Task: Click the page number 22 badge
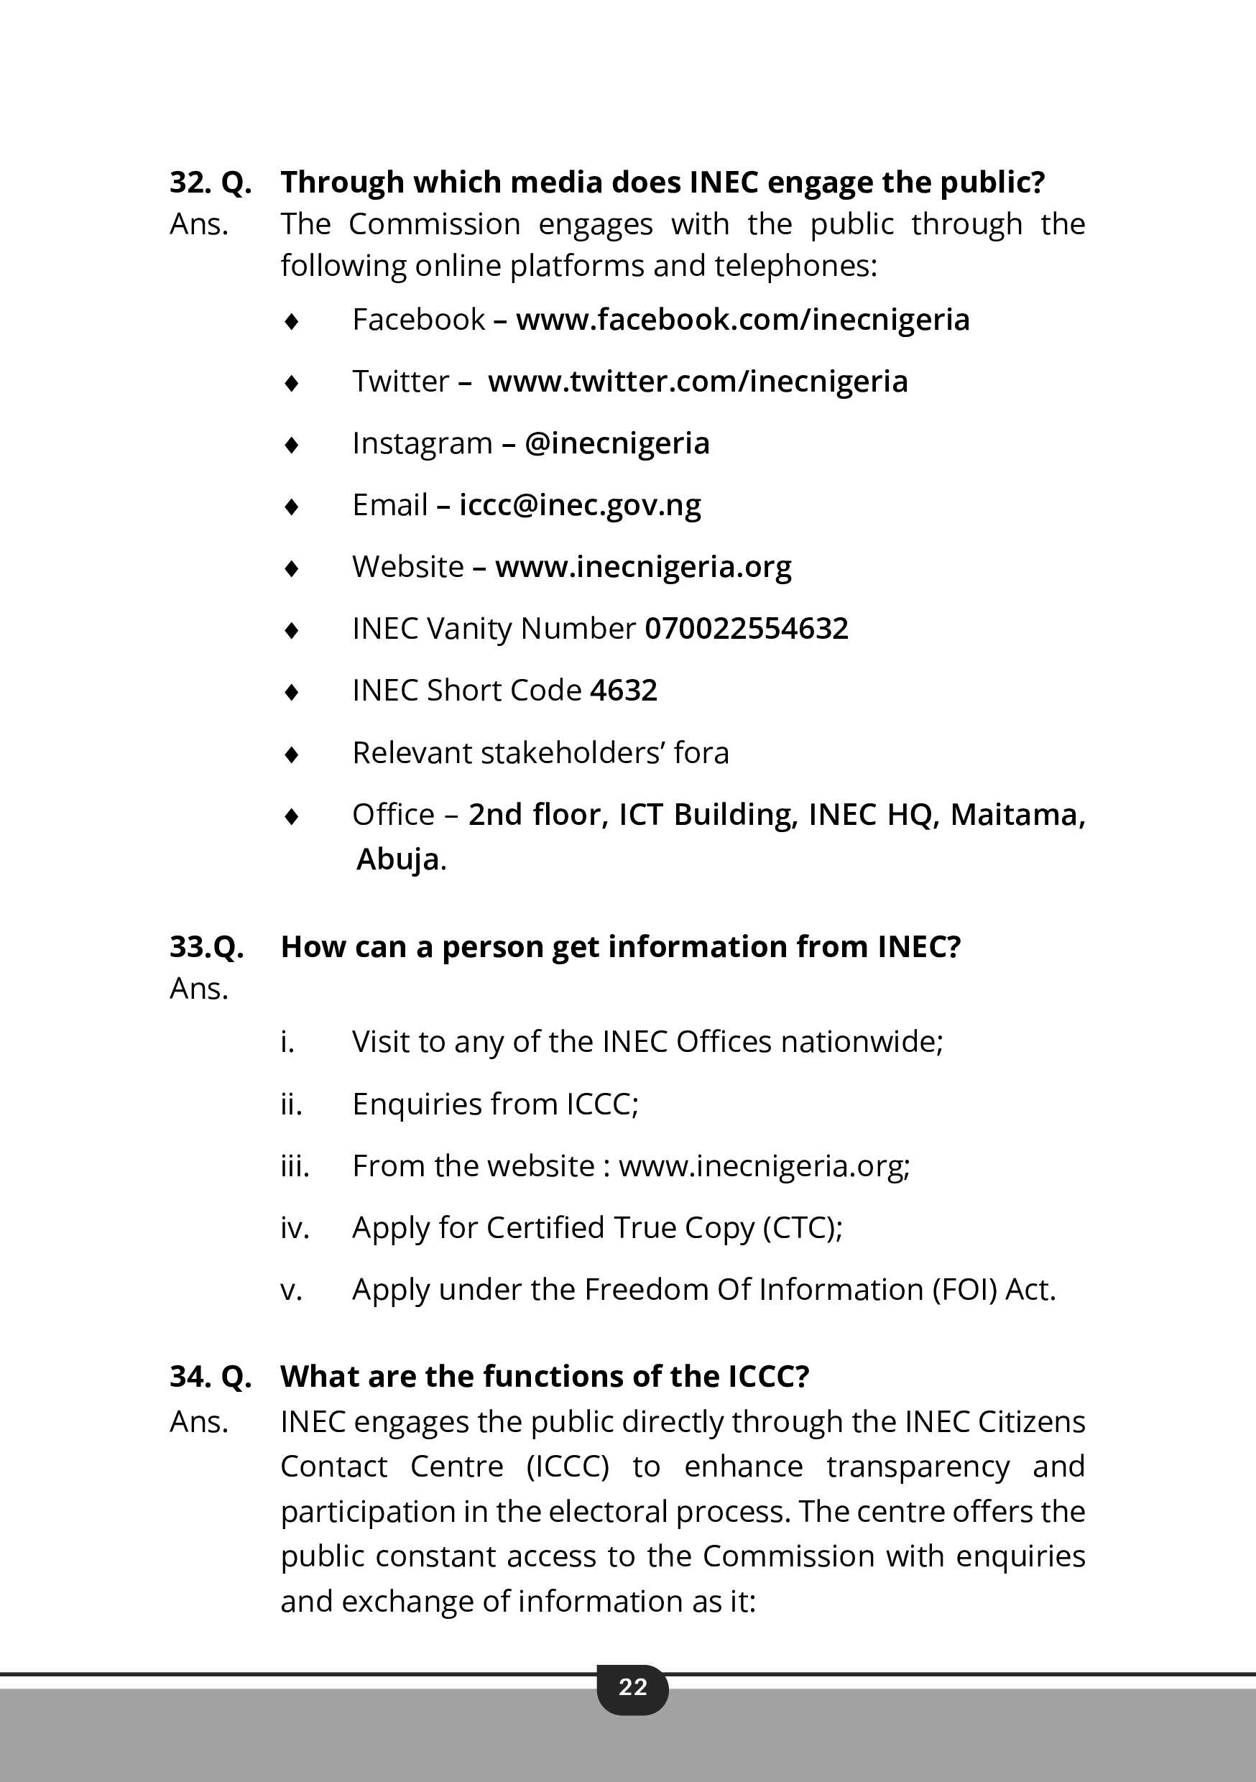[632, 1686]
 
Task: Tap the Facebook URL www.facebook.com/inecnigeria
[742, 320]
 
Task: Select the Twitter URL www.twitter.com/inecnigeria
[697, 382]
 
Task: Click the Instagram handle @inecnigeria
[617, 443]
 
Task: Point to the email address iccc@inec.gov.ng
[580, 505]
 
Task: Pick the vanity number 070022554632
[746, 629]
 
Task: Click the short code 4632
[624, 690]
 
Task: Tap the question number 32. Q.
[211, 183]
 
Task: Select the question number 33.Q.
[206, 947]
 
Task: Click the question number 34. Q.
[211, 1376]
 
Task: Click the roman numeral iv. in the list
[294, 1228]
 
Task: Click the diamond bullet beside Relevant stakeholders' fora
[292, 754]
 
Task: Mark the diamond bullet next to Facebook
[292, 320]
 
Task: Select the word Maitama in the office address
[1017, 815]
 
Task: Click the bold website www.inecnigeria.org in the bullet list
[643, 568]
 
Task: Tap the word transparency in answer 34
[918, 1467]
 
